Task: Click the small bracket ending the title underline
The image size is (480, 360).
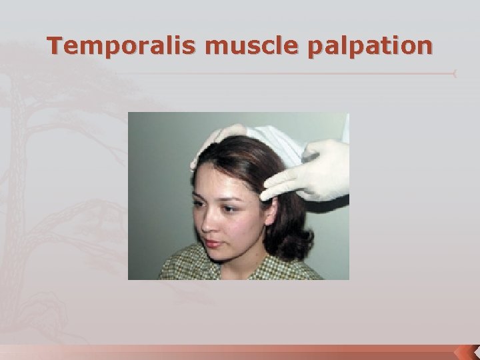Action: point(455,73)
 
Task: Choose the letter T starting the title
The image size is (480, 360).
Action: point(55,46)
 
